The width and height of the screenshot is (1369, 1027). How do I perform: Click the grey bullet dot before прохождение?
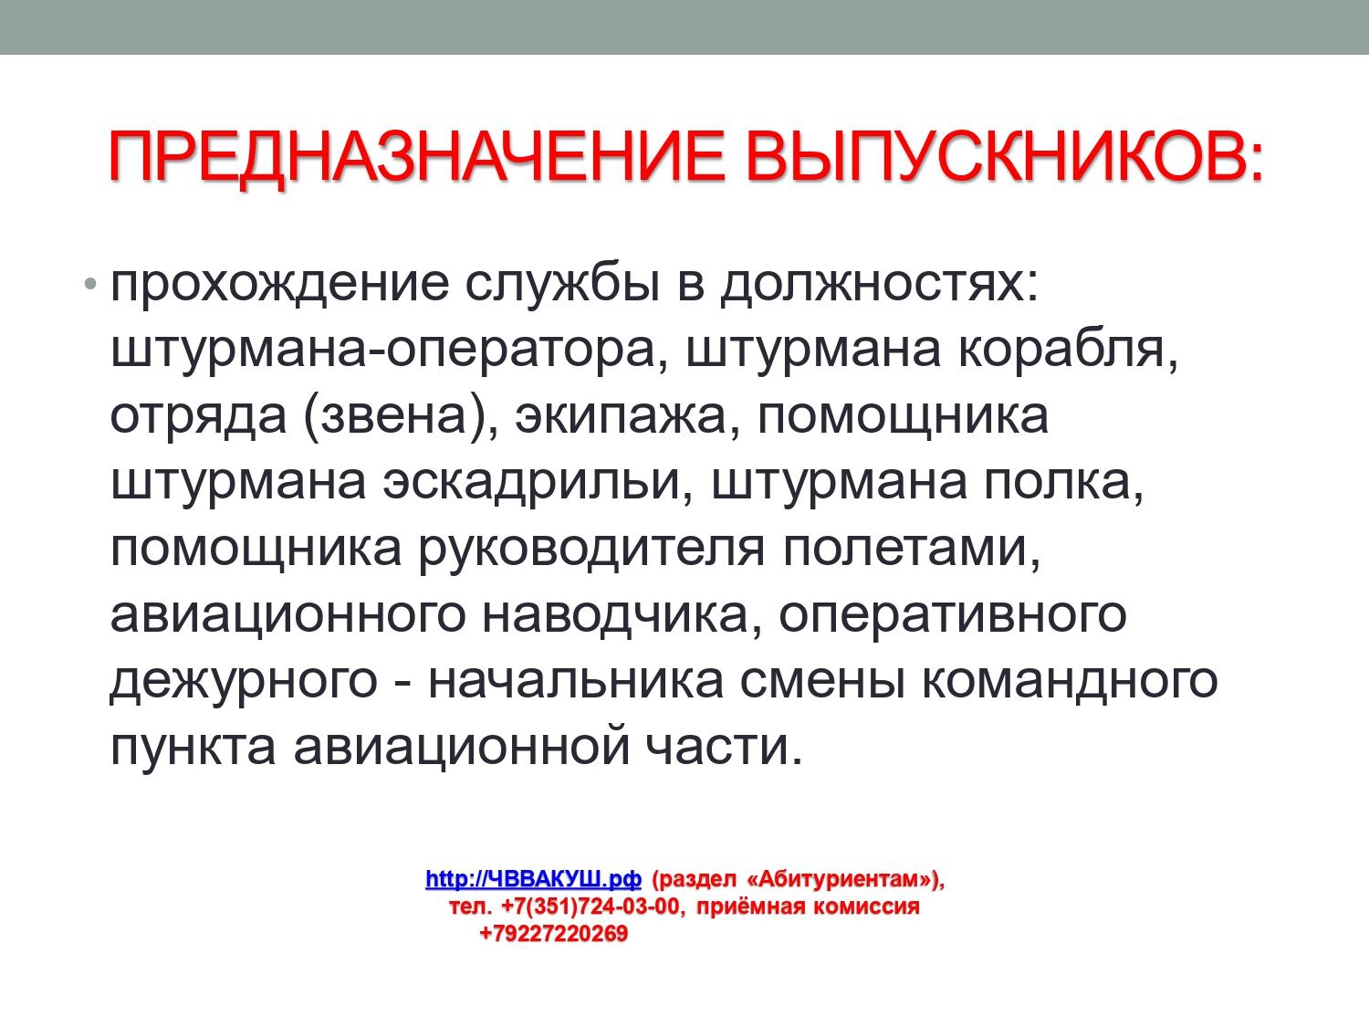pyautogui.click(x=90, y=284)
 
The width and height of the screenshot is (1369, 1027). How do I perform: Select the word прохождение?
pyautogui.click(x=279, y=285)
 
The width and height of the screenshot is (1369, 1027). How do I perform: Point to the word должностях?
pyautogui.click(x=880, y=285)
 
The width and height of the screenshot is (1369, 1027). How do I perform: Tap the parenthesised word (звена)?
pyautogui.click(x=401, y=416)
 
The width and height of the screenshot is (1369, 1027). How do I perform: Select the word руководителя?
pyautogui.click(x=590, y=550)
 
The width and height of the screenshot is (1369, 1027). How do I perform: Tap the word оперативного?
pyautogui.click(x=953, y=616)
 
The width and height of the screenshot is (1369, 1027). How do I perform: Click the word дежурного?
pyautogui.click(x=244, y=682)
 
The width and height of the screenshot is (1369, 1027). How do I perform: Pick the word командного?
pyautogui.click(x=1071, y=682)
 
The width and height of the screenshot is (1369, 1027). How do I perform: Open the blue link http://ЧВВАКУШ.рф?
pyautogui.click(x=533, y=878)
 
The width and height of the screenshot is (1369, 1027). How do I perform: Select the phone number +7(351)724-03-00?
pyautogui.click(x=590, y=906)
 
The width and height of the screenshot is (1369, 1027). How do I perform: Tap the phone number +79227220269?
pyautogui.click(x=554, y=934)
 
